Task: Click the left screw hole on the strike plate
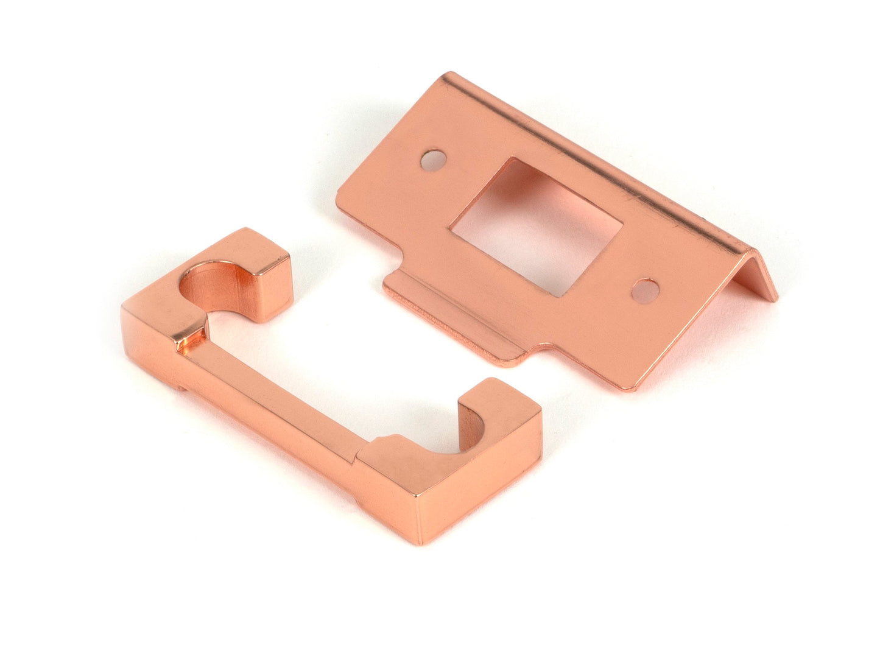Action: (x=434, y=160)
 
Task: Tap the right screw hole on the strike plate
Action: (x=646, y=290)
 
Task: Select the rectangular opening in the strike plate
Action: (x=536, y=227)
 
